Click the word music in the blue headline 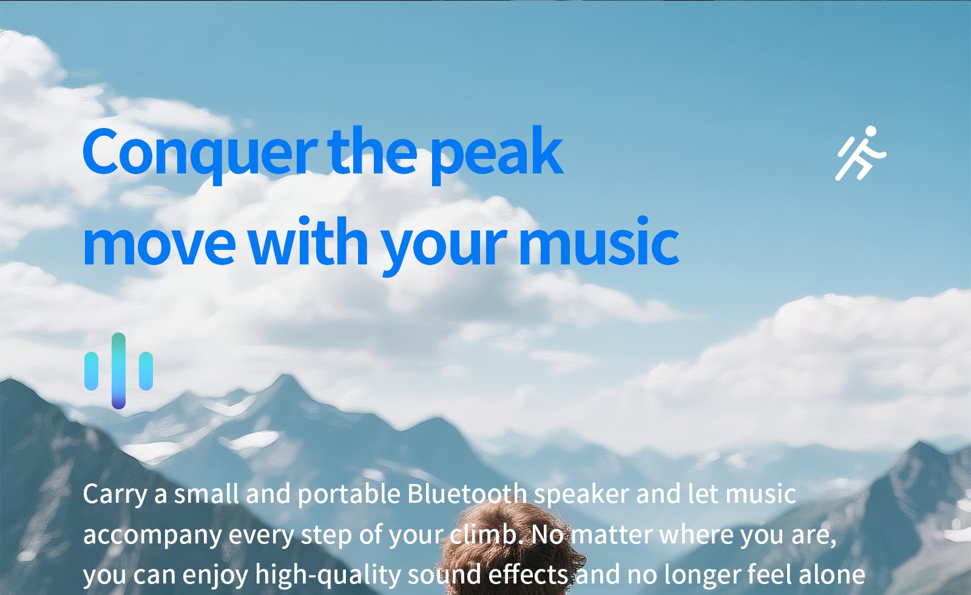tap(599, 241)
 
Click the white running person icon tap(861, 153)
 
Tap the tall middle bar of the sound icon tap(118, 371)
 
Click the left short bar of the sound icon tap(91, 371)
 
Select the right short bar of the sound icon tap(146, 371)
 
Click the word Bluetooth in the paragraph tap(467, 494)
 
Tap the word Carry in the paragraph tap(115, 496)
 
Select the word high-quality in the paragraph tap(328, 574)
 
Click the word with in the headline tap(308, 241)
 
